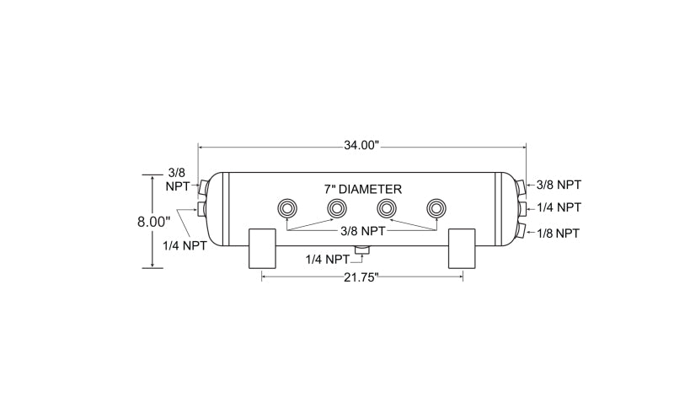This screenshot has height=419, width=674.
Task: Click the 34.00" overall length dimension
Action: point(361,145)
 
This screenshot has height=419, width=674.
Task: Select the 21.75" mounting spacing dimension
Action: point(361,277)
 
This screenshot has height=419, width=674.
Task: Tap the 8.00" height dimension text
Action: point(154,222)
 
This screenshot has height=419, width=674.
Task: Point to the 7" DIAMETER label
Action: point(363,190)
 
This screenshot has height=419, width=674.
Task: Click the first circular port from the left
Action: point(287,209)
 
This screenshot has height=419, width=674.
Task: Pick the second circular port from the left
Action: point(337,209)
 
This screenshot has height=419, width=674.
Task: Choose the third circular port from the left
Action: point(387,209)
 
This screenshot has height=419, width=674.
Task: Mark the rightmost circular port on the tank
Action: point(436,209)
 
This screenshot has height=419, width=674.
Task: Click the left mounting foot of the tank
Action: point(262,249)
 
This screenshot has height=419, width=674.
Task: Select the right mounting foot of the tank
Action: point(462,249)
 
